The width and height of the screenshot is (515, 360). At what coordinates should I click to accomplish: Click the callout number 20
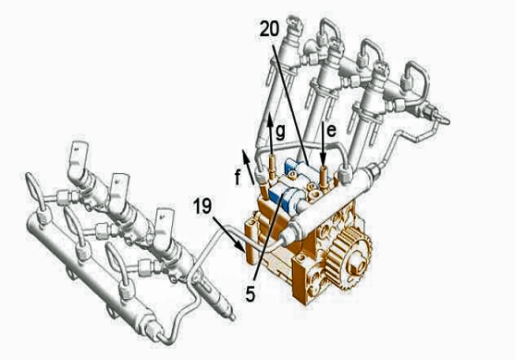point(269,29)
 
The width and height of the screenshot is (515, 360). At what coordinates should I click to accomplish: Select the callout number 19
point(202,206)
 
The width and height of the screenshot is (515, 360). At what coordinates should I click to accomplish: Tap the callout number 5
point(251,294)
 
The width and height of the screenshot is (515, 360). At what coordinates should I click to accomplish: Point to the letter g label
point(280,132)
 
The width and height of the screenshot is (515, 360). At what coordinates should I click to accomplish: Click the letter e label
point(332,130)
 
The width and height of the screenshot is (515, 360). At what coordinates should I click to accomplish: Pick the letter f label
point(238,178)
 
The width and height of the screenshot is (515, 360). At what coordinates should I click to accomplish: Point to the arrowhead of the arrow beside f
point(244,155)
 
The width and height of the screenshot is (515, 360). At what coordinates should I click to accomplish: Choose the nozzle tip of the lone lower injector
point(232,317)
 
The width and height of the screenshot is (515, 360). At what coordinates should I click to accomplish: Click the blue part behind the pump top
point(294,166)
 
